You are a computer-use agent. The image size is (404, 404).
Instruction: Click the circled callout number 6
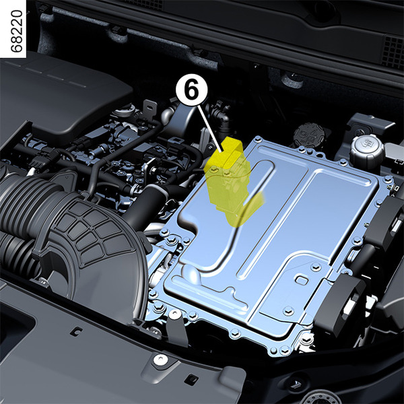pyautogui.click(x=191, y=90)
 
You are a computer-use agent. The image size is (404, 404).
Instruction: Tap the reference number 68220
pyautogui.click(x=17, y=31)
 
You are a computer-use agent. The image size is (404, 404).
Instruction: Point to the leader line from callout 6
pyautogui.click(x=209, y=128)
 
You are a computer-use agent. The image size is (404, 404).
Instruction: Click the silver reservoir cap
pyautogui.click(x=366, y=150)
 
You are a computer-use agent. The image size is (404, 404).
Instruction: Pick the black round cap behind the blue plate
pyautogui.click(x=309, y=134)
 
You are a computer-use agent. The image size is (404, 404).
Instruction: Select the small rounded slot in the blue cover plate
pyautogui.click(x=302, y=280)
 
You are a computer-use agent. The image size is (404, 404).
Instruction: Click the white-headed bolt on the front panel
pyautogui.click(x=159, y=360)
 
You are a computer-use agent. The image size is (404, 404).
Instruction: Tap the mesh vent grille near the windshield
pyautogui.click(x=393, y=52)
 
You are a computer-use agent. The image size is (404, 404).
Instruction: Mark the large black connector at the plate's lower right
pyautogui.click(x=340, y=304)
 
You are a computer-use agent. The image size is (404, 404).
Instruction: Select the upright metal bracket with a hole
pyautogui.click(x=150, y=108)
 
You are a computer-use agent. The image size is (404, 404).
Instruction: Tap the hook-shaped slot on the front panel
pyautogui.click(x=76, y=332)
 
